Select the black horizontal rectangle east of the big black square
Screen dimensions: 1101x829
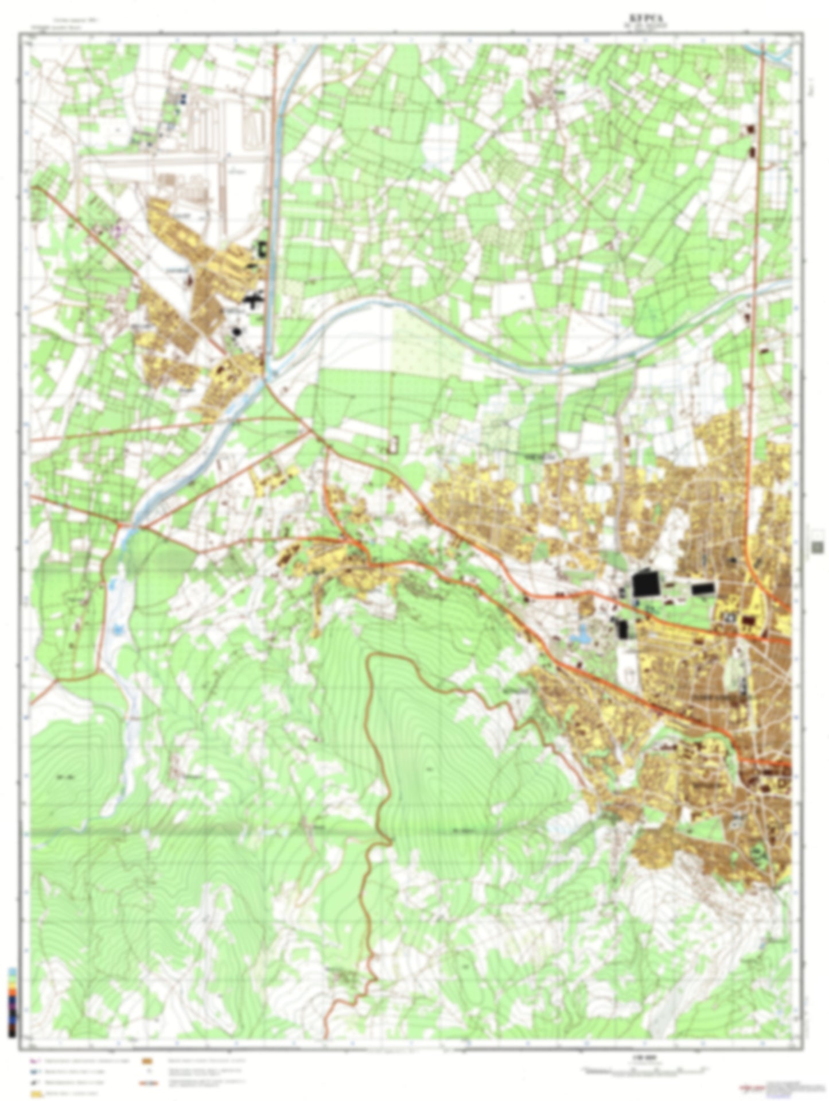pyautogui.click(x=703, y=588)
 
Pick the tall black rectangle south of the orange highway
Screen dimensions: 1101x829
pyautogui.click(x=623, y=629)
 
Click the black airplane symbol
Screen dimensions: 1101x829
pyautogui.click(x=253, y=299)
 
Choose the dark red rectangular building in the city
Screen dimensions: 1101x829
pyautogui.click(x=749, y=621)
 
